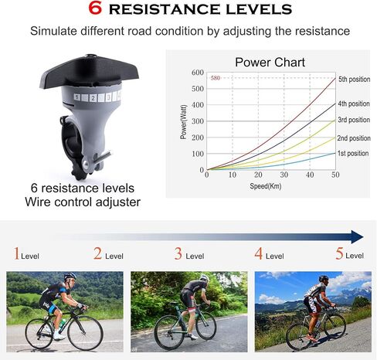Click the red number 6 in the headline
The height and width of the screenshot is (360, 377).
(x=95, y=8)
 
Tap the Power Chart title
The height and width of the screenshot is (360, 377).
(x=270, y=63)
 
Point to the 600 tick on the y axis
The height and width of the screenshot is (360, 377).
(x=198, y=73)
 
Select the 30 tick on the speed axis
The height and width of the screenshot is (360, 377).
(x=284, y=175)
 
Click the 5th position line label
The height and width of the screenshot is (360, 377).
(x=354, y=80)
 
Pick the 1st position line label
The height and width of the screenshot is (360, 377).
(x=353, y=153)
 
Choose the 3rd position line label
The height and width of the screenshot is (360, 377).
(x=354, y=120)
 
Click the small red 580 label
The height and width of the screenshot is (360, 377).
(x=216, y=78)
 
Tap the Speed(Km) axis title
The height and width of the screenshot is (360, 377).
(x=266, y=186)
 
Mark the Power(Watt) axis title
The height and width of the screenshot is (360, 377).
(x=183, y=122)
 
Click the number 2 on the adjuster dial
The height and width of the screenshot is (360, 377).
(x=93, y=98)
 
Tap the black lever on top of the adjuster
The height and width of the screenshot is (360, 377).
(x=89, y=72)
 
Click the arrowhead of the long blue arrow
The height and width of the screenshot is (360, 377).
(x=357, y=236)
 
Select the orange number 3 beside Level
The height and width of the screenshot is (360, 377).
(x=178, y=253)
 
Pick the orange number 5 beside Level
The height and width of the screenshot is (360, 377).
(x=339, y=253)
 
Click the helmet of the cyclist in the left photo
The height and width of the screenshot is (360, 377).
(x=70, y=277)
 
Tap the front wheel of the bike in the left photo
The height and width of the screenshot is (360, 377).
(x=86, y=333)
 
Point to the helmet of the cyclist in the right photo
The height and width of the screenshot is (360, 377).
(x=324, y=278)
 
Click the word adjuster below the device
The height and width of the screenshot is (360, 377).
(x=118, y=202)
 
